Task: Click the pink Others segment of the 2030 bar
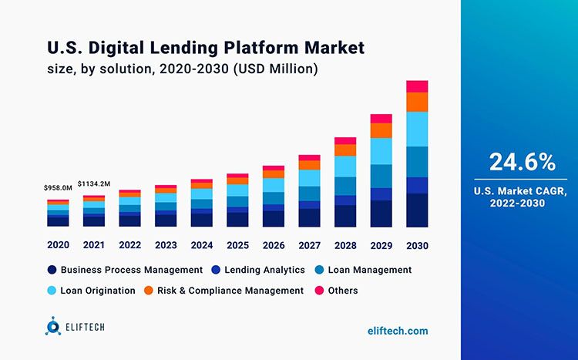416,86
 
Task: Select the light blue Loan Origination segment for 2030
416,129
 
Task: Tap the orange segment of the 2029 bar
381,130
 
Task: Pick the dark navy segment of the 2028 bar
345,216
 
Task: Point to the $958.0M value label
58,187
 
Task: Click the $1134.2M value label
93,183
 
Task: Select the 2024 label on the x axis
201,245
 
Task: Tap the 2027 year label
309,245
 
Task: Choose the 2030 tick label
416,245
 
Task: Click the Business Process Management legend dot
52,270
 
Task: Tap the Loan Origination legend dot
52,291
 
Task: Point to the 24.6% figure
522,162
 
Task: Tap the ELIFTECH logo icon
52,328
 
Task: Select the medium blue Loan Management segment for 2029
381,176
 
